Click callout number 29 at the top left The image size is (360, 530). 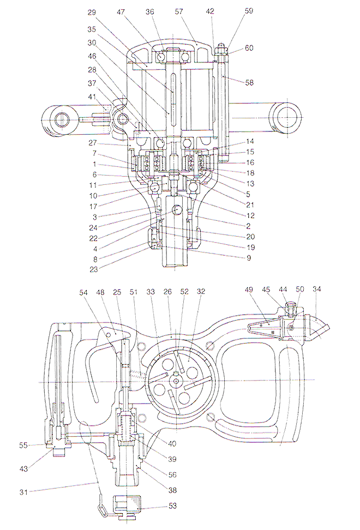click(x=92, y=13)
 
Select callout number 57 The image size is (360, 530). click(x=179, y=11)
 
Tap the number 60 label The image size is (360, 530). click(x=249, y=48)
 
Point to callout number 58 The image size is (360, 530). click(x=249, y=82)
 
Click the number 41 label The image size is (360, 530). click(x=92, y=97)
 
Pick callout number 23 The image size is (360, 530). click(x=93, y=270)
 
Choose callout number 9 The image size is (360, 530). click(x=249, y=258)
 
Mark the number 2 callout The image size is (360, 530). click(x=249, y=226)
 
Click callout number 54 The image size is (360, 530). click(x=83, y=292)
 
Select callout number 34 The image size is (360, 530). click(x=317, y=289)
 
